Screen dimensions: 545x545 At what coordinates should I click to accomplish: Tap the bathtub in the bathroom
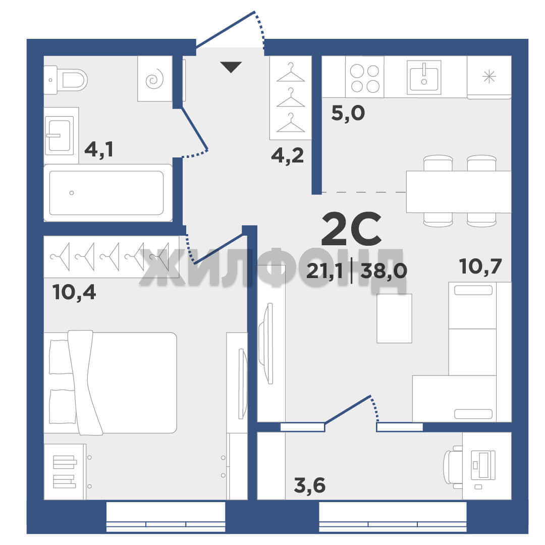[108, 193]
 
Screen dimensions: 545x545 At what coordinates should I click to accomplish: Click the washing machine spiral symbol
[155, 79]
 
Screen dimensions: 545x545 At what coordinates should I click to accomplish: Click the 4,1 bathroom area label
[99, 149]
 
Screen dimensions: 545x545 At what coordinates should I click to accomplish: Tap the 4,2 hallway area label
[288, 155]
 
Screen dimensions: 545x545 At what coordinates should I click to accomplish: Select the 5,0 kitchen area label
[348, 113]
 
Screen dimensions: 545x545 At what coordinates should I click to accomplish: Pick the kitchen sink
[424, 78]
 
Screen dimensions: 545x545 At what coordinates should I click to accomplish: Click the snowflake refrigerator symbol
[489, 77]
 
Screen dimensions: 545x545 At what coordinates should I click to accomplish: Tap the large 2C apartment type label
[351, 229]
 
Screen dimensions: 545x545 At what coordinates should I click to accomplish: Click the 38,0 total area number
[384, 271]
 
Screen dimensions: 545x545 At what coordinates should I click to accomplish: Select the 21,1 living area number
[324, 271]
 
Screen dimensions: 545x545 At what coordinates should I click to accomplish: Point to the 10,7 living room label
[480, 266]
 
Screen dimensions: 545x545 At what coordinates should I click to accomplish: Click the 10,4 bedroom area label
[74, 292]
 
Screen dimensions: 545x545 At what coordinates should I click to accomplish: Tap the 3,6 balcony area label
[310, 485]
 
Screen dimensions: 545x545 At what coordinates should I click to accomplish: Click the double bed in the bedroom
[110, 383]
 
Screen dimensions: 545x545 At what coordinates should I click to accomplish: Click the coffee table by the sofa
[394, 318]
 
